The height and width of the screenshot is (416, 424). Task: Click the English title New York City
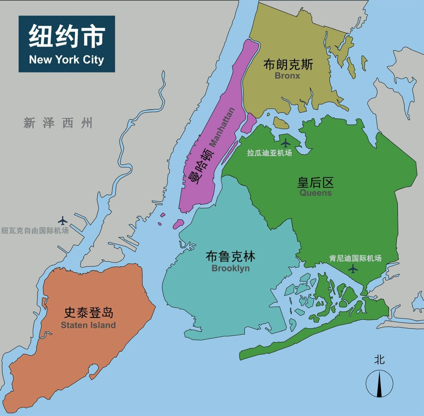point(66,60)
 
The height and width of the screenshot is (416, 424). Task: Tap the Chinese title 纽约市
point(66,36)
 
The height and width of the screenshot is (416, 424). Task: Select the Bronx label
point(287,76)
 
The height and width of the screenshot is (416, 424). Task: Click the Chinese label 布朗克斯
point(288,64)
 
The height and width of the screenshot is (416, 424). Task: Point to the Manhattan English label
point(222,127)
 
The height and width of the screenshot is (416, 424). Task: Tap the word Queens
point(315,193)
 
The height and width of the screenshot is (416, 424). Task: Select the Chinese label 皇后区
point(315,182)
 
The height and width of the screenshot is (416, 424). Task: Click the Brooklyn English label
point(231,268)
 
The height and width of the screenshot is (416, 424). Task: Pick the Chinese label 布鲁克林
point(231,256)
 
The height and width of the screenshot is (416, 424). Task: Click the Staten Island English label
point(88,325)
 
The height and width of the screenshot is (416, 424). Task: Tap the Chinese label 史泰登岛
point(88,312)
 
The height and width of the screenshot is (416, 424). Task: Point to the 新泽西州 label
point(58,123)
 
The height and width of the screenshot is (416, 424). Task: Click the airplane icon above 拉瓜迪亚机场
point(285,143)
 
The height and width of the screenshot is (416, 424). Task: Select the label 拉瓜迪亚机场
point(269,153)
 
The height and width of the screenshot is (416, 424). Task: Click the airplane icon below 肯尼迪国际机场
point(352,269)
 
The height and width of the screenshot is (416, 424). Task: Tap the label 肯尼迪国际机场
point(355,258)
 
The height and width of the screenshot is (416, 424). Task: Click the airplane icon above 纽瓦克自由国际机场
point(63,221)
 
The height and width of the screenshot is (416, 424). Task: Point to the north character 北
point(379,360)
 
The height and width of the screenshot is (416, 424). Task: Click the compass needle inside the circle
point(379,384)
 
